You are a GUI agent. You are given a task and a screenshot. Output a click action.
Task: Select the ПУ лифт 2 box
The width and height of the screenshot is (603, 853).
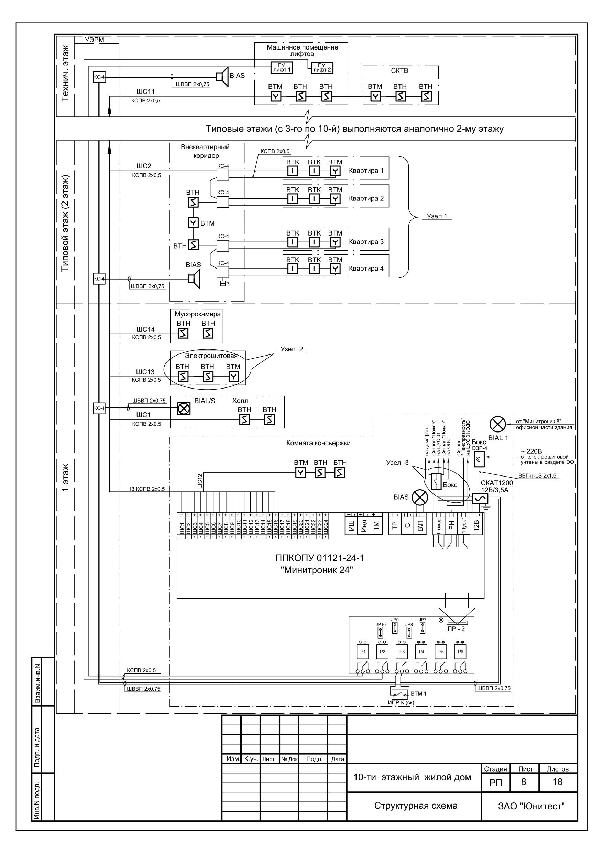(322, 67)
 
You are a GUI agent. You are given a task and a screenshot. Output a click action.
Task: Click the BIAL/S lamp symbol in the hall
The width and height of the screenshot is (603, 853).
(184, 409)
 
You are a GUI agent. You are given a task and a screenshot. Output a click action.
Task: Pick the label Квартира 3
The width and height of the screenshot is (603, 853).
(366, 242)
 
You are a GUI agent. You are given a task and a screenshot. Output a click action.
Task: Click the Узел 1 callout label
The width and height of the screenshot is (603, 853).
(437, 216)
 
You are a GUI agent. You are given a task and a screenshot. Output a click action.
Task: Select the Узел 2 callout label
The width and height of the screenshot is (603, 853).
(292, 349)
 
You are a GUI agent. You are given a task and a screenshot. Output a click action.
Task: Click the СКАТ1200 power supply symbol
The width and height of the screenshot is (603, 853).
(480, 499)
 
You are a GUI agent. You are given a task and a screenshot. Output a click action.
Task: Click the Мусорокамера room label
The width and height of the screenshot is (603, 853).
(198, 314)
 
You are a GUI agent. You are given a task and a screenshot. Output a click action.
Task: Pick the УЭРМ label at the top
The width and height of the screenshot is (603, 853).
(95, 40)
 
